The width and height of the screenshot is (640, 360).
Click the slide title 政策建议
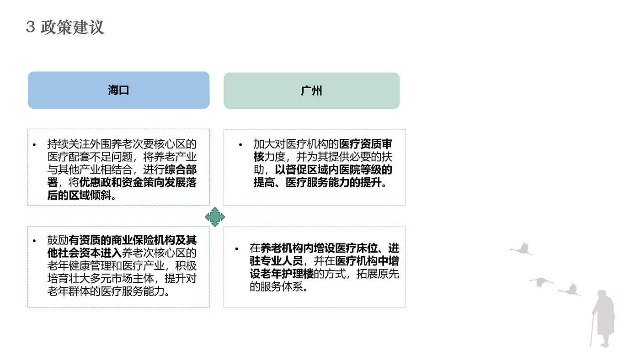coord(73,27)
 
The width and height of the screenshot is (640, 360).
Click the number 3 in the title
coord(31,27)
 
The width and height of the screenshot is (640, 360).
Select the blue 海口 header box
coord(118,90)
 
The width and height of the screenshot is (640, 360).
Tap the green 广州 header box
coord(311,90)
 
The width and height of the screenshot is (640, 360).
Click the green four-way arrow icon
coord(215,217)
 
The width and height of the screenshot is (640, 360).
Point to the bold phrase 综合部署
coord(181,170)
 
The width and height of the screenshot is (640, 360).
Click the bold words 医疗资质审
coord(365,144)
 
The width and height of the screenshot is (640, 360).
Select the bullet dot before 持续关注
coord(34,144)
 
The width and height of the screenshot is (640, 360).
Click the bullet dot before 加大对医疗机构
coord(240,144)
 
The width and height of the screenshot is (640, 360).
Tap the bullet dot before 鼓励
coord(34,240)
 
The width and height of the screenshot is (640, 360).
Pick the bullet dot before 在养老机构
coord(237,249)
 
